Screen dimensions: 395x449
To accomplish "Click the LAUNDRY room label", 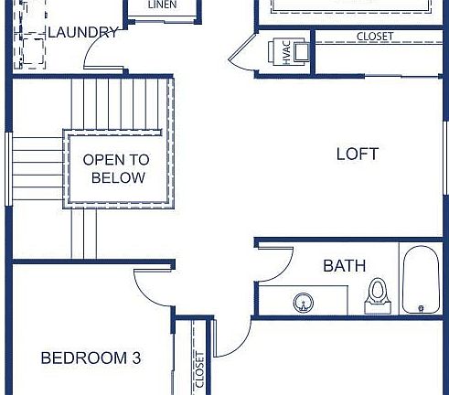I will (x=82, y=33).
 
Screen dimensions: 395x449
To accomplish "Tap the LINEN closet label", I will (x=162, y=5).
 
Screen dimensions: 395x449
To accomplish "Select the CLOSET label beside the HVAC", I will (x=375, y=36).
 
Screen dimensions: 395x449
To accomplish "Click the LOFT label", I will (x=357, y=155).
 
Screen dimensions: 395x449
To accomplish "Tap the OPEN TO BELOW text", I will (x=116, y=168).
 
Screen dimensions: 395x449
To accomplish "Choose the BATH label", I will (x=344, y=266).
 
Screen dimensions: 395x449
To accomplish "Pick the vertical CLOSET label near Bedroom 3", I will (x=198, y=370).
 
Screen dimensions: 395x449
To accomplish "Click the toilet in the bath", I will (x=376, y=294).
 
